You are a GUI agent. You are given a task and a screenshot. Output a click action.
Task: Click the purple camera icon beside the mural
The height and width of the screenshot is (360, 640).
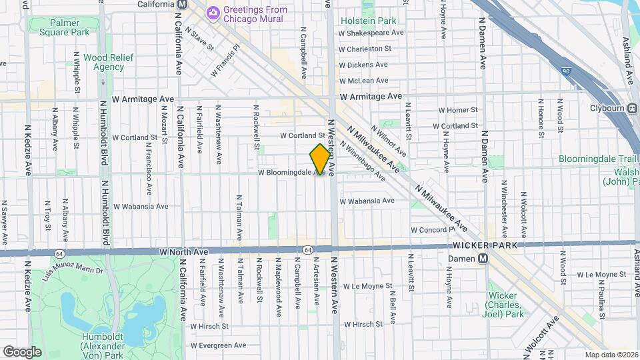(213, 11)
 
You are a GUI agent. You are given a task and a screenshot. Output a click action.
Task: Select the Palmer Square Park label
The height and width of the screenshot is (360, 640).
(64, 27)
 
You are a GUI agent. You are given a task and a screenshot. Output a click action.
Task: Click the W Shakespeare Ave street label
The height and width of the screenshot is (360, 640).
(372, 32)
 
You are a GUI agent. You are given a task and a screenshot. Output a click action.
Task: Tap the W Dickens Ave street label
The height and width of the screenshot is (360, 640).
(363, 65)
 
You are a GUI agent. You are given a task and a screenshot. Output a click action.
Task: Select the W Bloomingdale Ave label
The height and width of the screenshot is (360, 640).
(291, 173)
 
